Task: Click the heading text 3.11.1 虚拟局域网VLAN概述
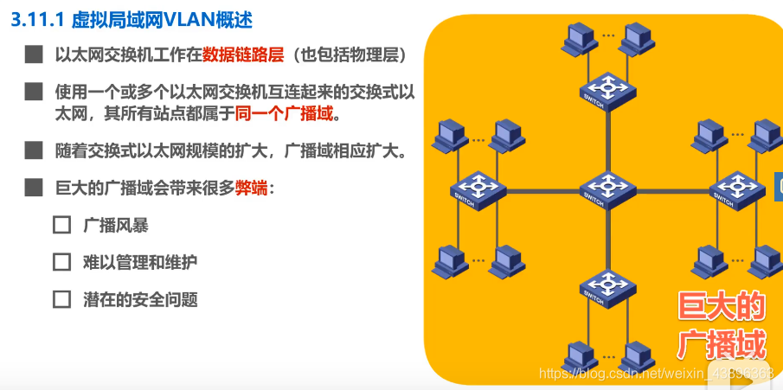coord(133,18)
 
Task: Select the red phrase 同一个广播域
coord(282,113)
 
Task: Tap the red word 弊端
coord(252,188)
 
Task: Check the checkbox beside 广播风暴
coord(61,225)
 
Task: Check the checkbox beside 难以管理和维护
coord(61,262)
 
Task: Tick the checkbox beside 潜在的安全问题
coord(61,299)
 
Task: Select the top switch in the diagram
coord(605,87)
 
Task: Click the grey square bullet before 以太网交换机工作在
coord(34,55)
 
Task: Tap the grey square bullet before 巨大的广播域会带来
coord(34,188)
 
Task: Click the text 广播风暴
coord(116,225)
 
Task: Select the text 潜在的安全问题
coord(141,299)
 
